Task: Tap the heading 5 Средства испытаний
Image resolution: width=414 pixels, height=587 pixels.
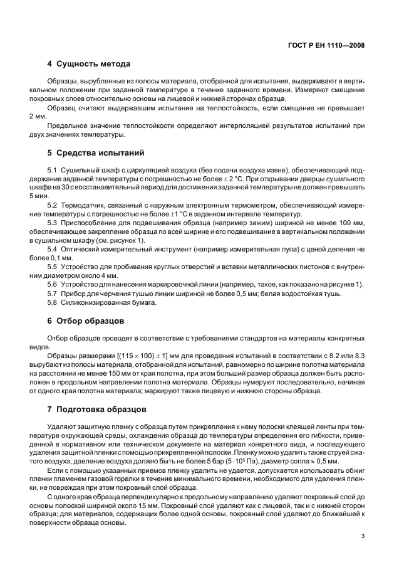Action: click(96, 152)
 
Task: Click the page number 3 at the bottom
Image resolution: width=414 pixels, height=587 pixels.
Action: click(363, 536)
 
